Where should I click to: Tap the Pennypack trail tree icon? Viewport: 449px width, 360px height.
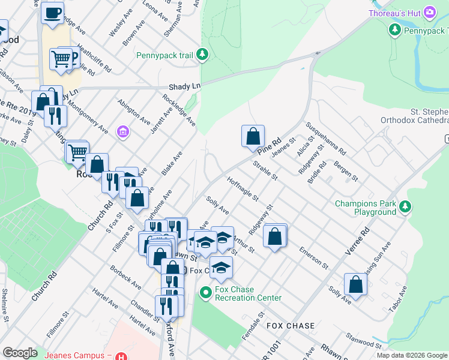203,55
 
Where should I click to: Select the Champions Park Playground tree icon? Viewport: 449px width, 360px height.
406,207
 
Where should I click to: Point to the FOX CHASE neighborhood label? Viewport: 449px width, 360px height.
291,326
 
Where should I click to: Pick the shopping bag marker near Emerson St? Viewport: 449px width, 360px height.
275,236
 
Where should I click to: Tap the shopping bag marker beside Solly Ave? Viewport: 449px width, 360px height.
355,286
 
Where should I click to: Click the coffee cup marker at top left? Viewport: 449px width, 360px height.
53,12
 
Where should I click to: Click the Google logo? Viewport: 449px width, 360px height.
20,353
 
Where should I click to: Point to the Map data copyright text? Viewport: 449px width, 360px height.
412,355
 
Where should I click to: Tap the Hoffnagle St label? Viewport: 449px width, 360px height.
243,188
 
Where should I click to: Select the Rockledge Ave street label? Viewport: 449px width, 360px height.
179,109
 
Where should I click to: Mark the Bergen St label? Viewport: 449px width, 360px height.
346,171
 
